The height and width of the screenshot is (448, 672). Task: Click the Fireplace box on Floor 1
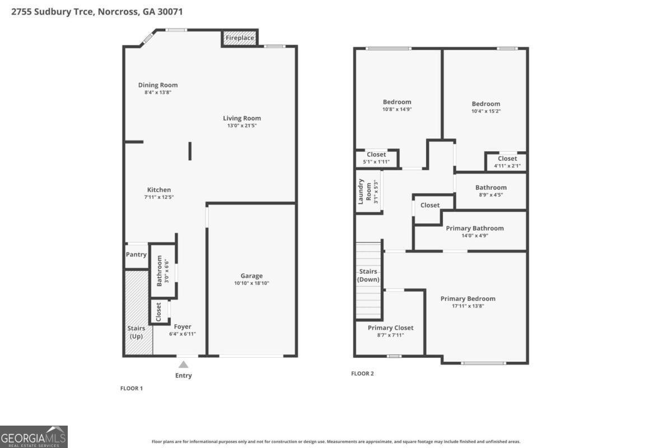coord(240,38)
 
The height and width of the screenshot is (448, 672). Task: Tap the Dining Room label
coord(158,85)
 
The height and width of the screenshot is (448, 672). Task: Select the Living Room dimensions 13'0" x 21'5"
coord(242,125)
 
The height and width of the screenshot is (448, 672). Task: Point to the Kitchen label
coord(159,190)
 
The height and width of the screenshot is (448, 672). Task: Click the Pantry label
coord(136,255)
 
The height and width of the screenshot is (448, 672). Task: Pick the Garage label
coord(251,276)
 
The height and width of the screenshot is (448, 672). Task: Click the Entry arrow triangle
coord(183,365)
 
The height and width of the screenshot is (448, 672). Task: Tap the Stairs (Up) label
coord(136,332)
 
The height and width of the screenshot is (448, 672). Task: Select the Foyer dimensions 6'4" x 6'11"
coord(183,334)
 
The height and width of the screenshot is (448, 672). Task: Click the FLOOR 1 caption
coord(132,388)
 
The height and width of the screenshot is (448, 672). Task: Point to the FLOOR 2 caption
coord(362,374)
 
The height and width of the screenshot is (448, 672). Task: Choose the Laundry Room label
coord(365,191)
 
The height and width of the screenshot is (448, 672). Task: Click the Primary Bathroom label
coord(474,228)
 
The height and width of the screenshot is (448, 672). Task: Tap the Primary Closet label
coord(390,328)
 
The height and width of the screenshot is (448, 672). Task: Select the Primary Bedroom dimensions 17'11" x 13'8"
coord(468,306)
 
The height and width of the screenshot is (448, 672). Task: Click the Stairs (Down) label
coord(368,276)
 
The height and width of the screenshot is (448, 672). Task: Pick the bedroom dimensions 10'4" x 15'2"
coord(486,111)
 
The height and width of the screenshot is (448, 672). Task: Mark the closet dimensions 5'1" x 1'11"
coord(376,162)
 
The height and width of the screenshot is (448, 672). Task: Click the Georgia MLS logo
coord(34,436)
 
